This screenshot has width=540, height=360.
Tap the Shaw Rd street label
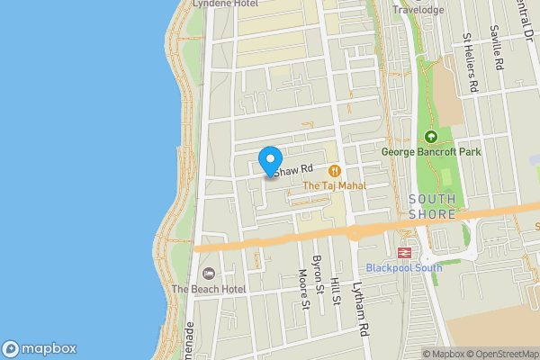[293, 169]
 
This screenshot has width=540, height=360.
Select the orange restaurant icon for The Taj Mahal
[335, 170]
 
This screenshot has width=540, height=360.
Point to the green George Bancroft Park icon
[430, 137]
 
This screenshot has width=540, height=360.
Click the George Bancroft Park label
[431, 152]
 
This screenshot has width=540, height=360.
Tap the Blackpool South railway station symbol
[404, 253]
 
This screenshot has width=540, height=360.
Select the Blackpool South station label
[404, 268]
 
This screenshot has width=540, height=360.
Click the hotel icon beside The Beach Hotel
[209, 274]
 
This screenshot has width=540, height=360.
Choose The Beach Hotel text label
[209, 289]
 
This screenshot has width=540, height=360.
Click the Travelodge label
[418, 10]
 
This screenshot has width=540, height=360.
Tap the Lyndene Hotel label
[226, 4]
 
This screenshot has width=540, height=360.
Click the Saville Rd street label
[496, 55]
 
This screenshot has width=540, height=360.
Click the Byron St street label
[317, 275]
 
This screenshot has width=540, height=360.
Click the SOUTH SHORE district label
[432, 206]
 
